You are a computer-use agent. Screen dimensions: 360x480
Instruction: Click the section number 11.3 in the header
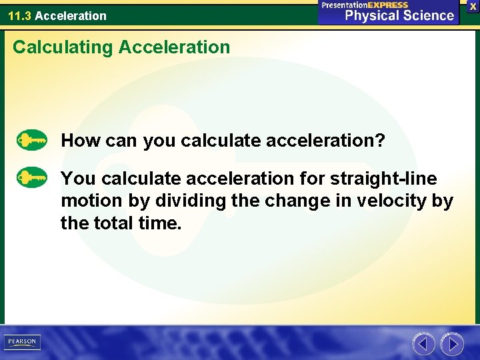[x=19, y=15]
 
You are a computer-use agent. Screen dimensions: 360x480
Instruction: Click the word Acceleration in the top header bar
[x=70, y=15]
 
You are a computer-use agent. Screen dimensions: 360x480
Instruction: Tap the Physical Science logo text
[x=399, y=15]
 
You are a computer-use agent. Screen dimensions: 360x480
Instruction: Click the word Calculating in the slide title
[x=53, y=47]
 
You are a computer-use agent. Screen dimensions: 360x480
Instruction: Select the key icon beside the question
[x=31, y=141]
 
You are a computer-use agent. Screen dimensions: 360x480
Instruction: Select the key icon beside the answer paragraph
[x=31, y=179]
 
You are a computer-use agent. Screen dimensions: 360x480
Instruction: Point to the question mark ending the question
[x=380, y=141]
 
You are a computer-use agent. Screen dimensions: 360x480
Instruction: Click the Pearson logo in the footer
[x=22, y=342]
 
